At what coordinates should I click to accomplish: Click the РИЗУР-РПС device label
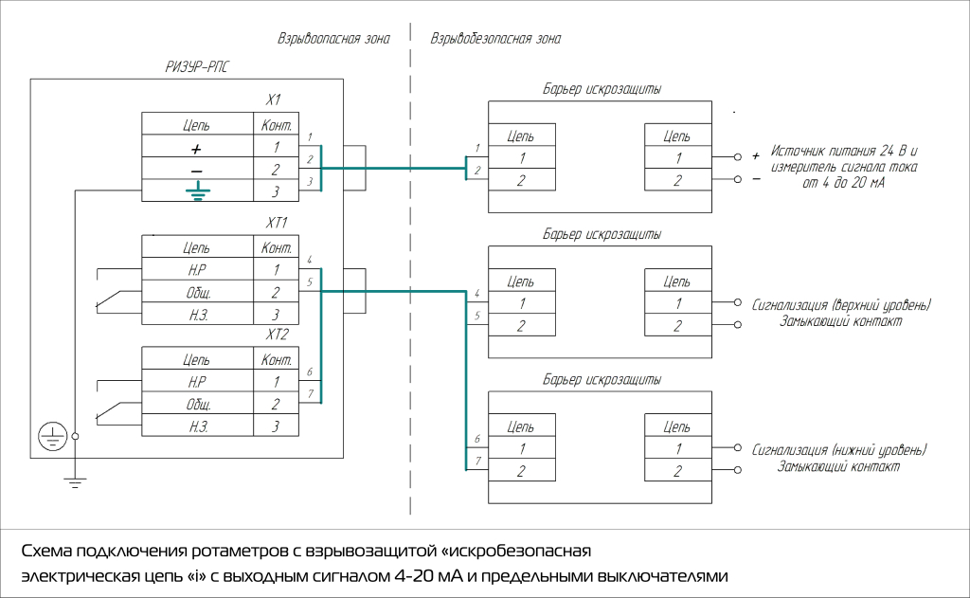197,67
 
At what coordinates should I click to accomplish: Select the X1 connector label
274,100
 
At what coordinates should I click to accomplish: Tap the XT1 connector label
277,224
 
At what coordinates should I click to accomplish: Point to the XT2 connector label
277,335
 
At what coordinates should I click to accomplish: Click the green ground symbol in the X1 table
196,191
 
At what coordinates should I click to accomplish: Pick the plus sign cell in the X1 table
196,148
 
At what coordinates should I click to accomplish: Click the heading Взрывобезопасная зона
495,40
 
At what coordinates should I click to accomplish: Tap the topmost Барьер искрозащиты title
602,90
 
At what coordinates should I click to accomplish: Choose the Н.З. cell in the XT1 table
196,314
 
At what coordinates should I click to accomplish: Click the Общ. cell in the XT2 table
196,404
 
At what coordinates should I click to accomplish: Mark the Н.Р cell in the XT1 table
196,270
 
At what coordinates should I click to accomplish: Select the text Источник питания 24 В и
846,151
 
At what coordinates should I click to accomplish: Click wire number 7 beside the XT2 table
310,393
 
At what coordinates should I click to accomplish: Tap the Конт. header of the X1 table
276,125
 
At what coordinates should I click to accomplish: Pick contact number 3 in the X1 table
276,191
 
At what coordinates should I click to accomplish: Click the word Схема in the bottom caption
48,552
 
